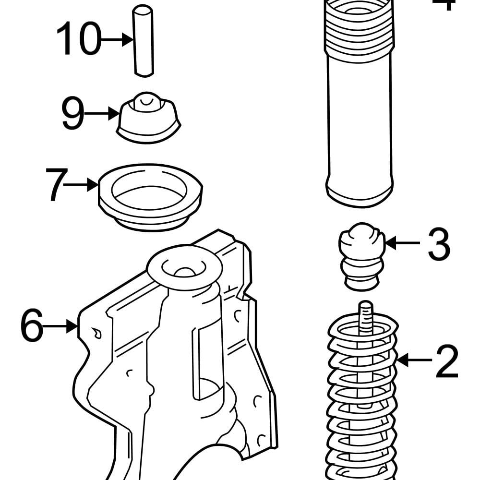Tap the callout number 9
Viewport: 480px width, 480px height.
pos(72,114)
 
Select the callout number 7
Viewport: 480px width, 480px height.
pos(55,184)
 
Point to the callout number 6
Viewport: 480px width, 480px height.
pos(32,326)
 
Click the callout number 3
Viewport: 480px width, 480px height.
pos(439,244)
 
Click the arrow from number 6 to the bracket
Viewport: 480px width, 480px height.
pos(60,326)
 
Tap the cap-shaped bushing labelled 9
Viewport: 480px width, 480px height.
pos(149,118)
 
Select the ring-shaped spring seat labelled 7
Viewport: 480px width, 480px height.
pos(150,197)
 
